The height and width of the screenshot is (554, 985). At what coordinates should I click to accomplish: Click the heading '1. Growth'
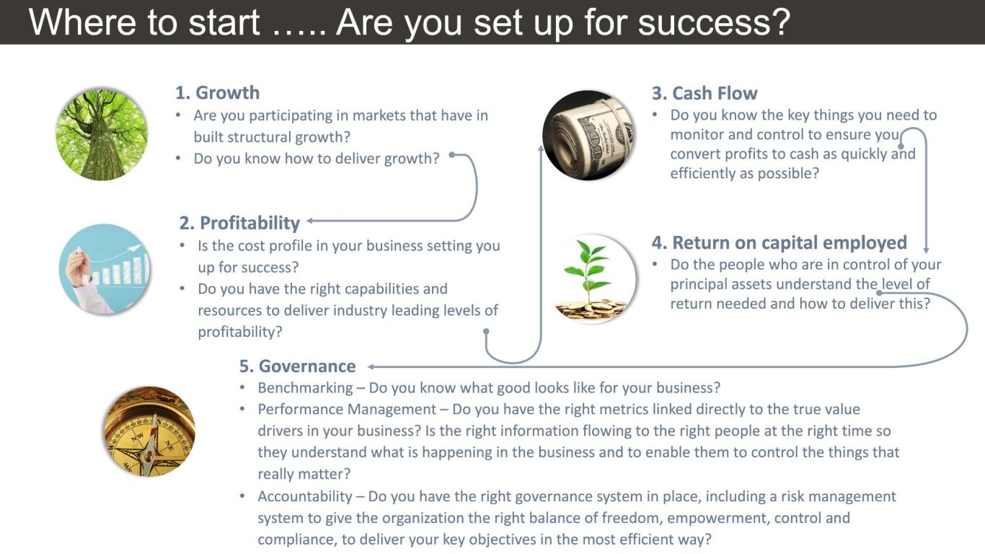(217, 93)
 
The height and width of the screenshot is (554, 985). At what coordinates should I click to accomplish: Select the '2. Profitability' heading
(239, 223)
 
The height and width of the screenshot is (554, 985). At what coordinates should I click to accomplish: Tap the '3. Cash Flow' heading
(704, 93)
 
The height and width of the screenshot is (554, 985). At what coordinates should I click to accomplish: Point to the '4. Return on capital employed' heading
(779, 243)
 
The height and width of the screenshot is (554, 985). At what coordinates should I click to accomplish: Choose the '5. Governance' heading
(297, 366)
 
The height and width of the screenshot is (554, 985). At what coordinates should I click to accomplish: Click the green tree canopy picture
(102, 134)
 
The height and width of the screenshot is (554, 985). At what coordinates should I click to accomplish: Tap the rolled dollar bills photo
(588, 135)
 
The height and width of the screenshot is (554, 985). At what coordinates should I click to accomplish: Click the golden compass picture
(149, 431)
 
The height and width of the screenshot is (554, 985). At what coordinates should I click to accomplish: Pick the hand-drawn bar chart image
(105, 269)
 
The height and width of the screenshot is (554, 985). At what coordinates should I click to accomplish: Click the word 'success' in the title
(714, 22)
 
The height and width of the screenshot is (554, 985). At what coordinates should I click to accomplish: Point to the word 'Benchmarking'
(305, 387)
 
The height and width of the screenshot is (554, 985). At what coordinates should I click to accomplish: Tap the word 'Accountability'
(305, 496)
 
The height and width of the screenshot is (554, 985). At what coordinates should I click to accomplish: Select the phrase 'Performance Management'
(347, 409)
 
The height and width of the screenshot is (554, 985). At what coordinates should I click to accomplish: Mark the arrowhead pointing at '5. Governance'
(371, 366)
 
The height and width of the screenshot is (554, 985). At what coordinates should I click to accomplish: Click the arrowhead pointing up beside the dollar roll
(542, 148)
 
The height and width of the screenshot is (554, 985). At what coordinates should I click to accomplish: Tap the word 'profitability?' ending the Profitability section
(239, 332)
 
